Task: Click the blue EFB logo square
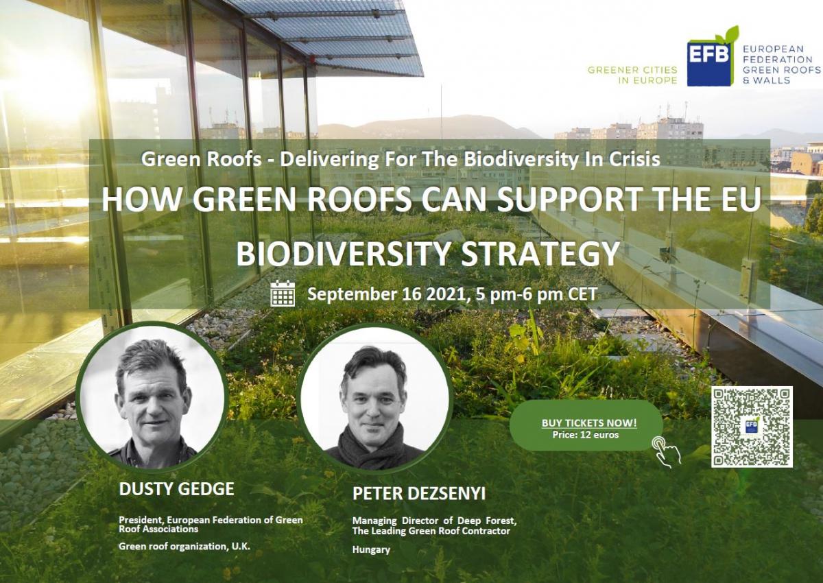click(708, 63)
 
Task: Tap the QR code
click(752, 427)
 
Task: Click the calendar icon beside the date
click(283, 293)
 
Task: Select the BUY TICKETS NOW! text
click(589, 423)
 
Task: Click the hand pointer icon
click(666, 452)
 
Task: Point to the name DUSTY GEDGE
click(176, 489)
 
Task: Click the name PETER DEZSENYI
click(419, 494)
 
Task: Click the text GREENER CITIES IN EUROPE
click(632, 75)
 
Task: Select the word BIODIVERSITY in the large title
click(343, 254)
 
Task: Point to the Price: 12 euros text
click(586, 435)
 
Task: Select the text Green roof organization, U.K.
click(184, 546)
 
